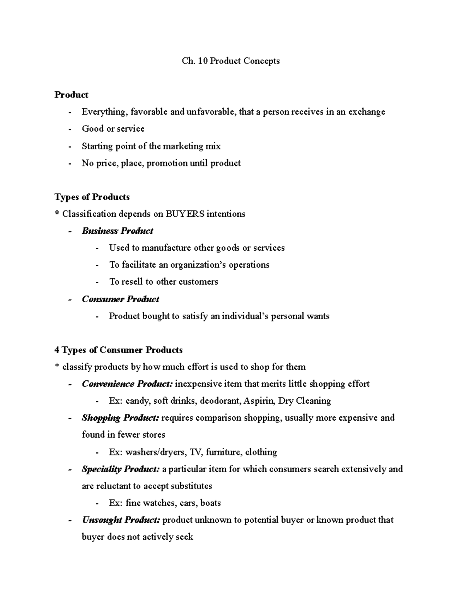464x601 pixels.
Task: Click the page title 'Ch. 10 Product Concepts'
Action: tap(231, 61)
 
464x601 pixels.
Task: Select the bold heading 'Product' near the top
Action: tap(72, 95)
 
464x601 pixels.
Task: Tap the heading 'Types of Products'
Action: tap(92, 197)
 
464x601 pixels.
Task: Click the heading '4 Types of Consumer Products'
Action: tap(119, 350)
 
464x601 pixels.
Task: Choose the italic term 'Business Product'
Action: tap(118, 231)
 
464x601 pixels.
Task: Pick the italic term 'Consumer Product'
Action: tap(120, 299)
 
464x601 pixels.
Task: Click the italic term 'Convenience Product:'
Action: tap(127, 384)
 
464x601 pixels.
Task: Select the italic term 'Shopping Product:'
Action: tap(120, 418)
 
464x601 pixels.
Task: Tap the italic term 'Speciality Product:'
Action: tap(121, 469)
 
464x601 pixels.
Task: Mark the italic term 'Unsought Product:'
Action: tap(121, 520)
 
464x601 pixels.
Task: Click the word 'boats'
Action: tap(210, 503)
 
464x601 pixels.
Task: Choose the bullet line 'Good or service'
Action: tap(113, 129)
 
